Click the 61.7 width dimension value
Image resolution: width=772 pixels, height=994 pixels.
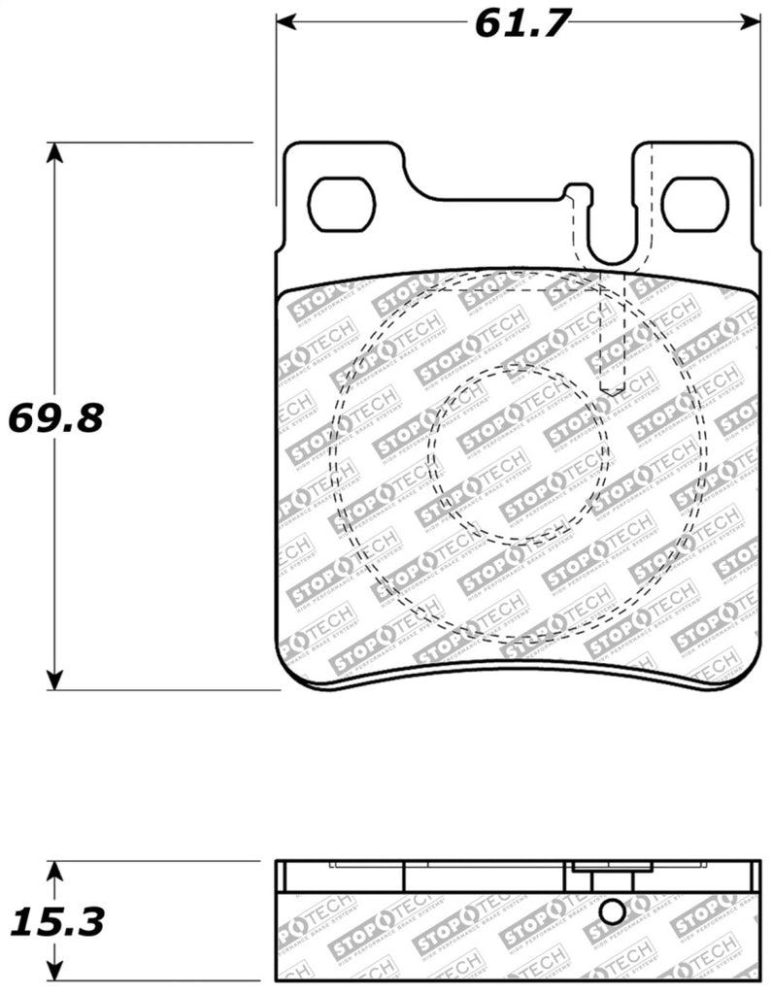point(521,22)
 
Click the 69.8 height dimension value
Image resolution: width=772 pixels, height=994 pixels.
point(55,419)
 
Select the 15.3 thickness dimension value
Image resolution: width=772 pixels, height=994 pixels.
point(54,920)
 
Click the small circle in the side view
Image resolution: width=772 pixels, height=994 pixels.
point(612,912)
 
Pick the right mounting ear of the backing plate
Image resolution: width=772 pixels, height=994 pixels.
point(693,184)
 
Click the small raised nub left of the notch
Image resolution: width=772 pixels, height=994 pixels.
point(577,191)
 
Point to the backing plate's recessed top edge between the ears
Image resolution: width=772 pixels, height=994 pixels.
point(486,201)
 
